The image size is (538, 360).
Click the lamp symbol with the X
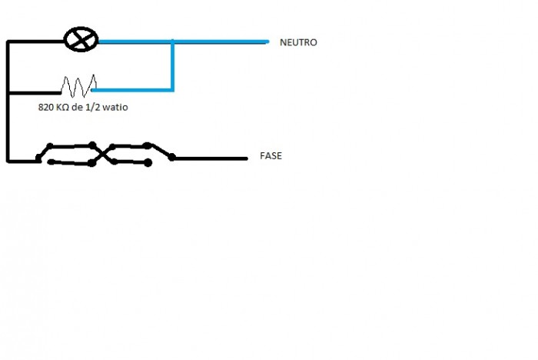(x=79, y=40)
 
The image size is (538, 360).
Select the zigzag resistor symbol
(x=78, y=83)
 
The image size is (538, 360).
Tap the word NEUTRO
(x=298, y=43)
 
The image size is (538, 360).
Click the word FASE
(x=271, y=155)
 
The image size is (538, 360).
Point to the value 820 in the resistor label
(x=48, y=108)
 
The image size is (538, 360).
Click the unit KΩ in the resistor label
(x=66, y=108)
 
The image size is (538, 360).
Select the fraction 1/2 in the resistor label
(x=96, y=108)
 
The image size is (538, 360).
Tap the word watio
(x=118, y=108)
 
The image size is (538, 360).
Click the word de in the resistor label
(x=81, y=108)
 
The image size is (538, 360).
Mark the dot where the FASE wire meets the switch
(x=172, y=158)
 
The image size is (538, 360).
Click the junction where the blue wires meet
(x=173, y=42)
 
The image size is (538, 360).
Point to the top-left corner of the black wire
(x=8, y=42)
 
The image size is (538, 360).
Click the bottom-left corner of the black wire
(x=8, y=161)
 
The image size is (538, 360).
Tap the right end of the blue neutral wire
(x=267, y=42)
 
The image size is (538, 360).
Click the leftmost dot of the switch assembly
(x=38, y=160)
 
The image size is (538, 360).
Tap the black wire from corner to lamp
(x=35, y=42)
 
